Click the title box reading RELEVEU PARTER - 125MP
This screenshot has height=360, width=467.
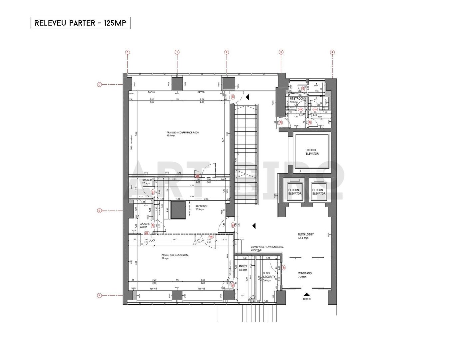coord(80,23)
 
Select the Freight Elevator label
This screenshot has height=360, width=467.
coord(312,152)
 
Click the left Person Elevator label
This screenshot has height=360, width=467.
coord(294,192)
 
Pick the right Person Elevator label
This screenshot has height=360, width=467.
coord(318,192)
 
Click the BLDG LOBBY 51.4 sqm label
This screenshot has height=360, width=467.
coord(305,236)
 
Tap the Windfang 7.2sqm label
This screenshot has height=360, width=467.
coord(305,275)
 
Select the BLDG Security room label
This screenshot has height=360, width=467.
coord(269,276)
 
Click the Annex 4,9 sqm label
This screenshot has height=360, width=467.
coord(243,268)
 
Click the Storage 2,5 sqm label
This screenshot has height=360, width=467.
coord(147,182)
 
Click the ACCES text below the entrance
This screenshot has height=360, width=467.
coord(306,299)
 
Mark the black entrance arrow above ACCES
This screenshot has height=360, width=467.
coord(306,294)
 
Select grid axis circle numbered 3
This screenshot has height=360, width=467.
coord(281,52)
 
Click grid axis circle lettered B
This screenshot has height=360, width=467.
coord(99,210)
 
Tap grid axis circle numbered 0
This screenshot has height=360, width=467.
coord(127,52)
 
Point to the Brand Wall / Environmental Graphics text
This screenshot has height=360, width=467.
coord(267,248)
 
